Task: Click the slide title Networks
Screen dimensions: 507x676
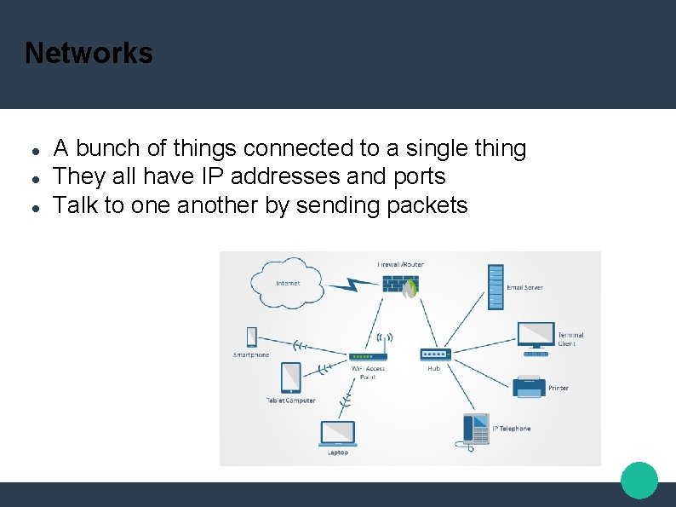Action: click(89, 53)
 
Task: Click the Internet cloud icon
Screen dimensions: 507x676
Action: click(287, 283)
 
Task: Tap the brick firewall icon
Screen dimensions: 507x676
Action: click(399, 284)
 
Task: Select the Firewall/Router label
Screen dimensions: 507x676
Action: click(400, 264)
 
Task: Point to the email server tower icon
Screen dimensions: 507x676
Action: click(496, 286)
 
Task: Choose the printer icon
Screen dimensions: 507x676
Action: click(529, 386)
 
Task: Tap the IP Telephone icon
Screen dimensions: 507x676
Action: click(476, 429)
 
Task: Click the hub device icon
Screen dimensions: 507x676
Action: click(434, 354)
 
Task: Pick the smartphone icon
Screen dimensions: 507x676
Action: click(251, 337)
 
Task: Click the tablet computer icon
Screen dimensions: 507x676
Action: click(290, 377)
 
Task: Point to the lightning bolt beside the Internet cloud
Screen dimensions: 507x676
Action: click(352, 285)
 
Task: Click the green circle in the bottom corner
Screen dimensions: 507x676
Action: click(639, 481)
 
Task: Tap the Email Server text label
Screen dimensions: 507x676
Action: click(524, 288)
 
